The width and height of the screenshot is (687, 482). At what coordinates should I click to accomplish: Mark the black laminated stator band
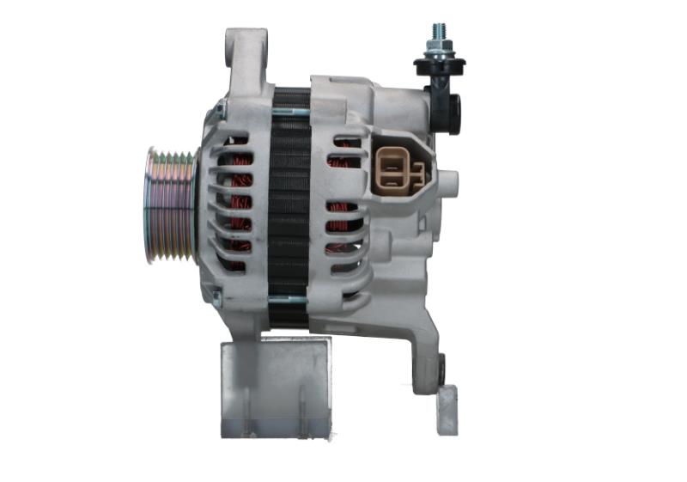289,206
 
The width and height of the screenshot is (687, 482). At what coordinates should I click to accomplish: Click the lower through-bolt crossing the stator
289,299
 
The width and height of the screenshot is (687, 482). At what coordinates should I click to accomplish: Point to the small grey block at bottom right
447,410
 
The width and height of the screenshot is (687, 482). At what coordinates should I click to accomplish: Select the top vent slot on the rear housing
347,140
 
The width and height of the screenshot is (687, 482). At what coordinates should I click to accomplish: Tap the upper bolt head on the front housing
220,110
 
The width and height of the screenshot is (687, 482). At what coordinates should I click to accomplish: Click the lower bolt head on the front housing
216,296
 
